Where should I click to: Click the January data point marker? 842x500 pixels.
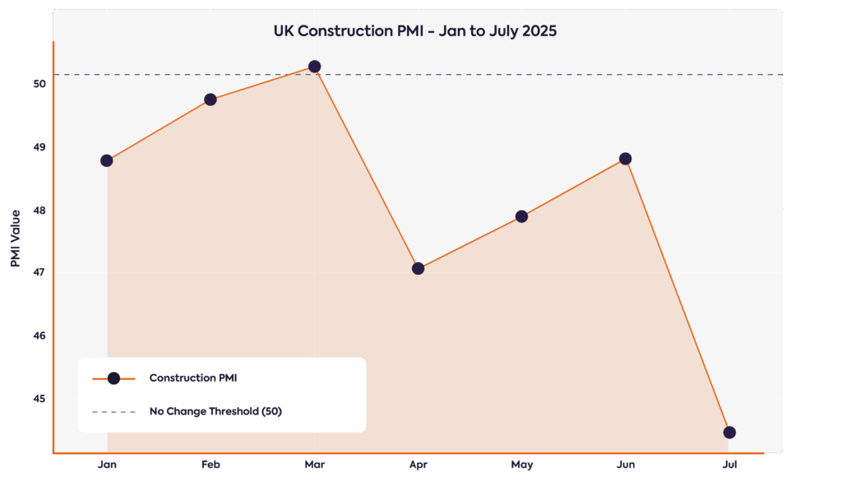tap(107, 160)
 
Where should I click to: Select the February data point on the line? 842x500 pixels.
tap(210, 100)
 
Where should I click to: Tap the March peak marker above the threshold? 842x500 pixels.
tap(314, 66)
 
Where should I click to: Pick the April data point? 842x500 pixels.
tap(418, 268)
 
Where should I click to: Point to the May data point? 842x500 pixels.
tap(521, 216)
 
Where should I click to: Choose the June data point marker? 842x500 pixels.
tap(625, 159)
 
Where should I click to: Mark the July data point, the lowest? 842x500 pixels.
tap(729, 433)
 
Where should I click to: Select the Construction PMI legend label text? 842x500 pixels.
tap(193, 378)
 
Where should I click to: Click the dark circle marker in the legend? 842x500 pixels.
tap(113, 378)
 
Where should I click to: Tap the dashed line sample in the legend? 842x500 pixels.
tap(113, 411)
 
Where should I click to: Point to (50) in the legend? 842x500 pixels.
tap(271, 411)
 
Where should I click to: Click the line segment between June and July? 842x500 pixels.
tap(677, 295)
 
